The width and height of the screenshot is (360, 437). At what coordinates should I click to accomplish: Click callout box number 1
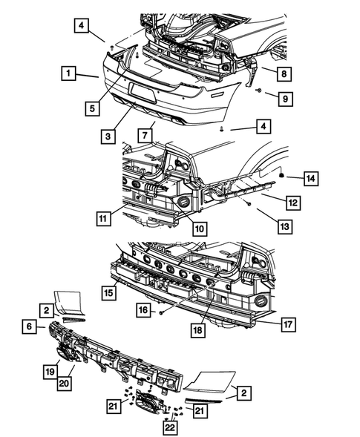pos(68,73)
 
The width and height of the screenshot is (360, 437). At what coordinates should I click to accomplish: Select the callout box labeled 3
pos(108,137)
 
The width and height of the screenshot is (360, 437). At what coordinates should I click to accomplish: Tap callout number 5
pos(92,108)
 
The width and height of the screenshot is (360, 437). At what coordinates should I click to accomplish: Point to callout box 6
pos(29,326)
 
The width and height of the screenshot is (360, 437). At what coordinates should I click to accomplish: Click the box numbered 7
pos(145,136)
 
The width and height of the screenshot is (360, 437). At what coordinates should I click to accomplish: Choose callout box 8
pos(284,74)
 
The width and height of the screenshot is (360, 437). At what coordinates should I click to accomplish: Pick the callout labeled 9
pos(285,99)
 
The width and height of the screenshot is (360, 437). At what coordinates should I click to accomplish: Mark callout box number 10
pos(200,229)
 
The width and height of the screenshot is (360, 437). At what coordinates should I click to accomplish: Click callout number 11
pos(103,218)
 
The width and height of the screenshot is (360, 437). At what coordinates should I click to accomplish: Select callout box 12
pos(293,203)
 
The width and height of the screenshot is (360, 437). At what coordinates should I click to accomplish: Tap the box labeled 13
pos(285,226)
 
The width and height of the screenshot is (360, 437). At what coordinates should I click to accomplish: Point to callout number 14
pos(311,179)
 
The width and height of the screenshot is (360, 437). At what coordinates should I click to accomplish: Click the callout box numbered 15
pos(109,292)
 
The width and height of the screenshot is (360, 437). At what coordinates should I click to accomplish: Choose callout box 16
pos(143,310)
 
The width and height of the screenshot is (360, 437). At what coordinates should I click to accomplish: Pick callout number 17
pos(288,324)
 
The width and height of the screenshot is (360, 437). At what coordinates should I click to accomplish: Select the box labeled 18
pos(198,330)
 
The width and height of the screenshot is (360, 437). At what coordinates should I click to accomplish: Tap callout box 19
pos(50,372)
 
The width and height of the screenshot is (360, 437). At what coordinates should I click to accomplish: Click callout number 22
pos(170,427)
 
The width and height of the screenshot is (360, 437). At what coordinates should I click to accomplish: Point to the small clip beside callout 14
pos(281,175)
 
